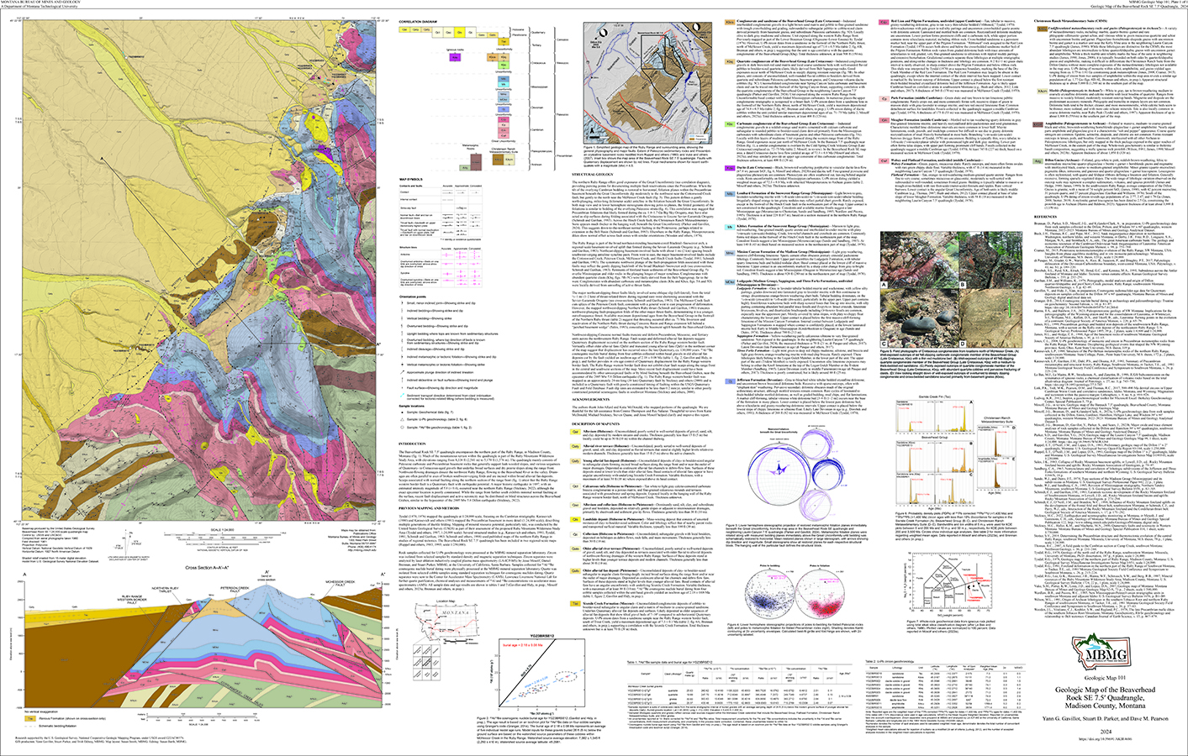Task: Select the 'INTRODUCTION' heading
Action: coord(412,466)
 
